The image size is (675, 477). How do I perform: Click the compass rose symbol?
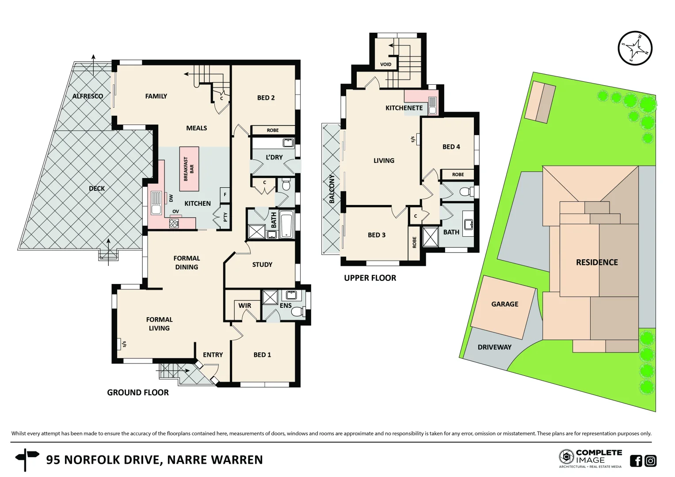pyautogui.click(x=635, y=48)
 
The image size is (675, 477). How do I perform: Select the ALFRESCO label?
pyautogui.click(x=88, y=96)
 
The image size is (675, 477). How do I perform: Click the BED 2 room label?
pyautogui.click(x=266, y=98)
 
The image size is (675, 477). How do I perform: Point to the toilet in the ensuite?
pyautogui.click(x=297, y=311)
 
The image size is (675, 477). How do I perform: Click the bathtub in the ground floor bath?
pyautogui.click(x=286, y=224)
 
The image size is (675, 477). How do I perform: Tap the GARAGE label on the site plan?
pyautogui.click(x=504, y=304)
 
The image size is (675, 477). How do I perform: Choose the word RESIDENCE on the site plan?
pyautogui.click(x=597, y=262)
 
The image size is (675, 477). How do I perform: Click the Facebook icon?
pyautogui.click(x=636, y=461)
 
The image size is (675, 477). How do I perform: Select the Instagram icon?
pyautogui.click(x=651, y=461)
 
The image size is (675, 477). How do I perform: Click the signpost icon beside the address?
pyautogui.click(x=26, y=459)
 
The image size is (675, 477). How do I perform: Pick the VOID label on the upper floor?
pyautogui.click(x=385, y=64)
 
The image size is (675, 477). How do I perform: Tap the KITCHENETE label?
pyautogui.click(x=404, y=108)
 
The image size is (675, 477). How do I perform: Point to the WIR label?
pyautogui.click(x=244, y=306)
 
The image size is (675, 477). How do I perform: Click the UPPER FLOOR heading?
pyautogui.click(x=370, y=278)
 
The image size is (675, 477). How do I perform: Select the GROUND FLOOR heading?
pyautogui.click(x=138, y=392)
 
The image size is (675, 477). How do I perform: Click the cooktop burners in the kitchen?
pyautogui.click(x=174, y=223)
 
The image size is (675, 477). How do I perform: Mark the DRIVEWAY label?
pyautogui.click(x=494, y=347)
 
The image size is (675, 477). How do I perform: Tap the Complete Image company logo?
pyautogui.click(x=590, y=458)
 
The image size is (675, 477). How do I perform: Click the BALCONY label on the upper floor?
pyautogui.click(x=332, y=189)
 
